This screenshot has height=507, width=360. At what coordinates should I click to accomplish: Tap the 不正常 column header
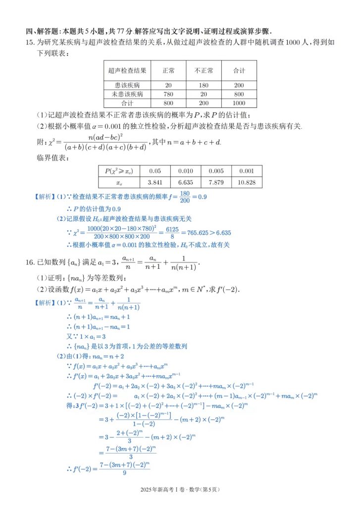click(204, 71)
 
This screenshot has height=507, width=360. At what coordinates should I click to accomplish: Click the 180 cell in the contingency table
click(204, 85)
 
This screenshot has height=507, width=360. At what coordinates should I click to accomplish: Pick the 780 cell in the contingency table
click(168, 94)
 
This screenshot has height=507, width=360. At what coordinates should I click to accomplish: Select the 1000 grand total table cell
click(239, 103)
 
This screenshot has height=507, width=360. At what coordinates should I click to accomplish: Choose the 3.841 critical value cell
click(155, 182)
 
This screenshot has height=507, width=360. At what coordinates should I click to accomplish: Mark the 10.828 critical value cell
click(247, 182)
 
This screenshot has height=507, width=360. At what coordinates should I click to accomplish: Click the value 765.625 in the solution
click(195, 233)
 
